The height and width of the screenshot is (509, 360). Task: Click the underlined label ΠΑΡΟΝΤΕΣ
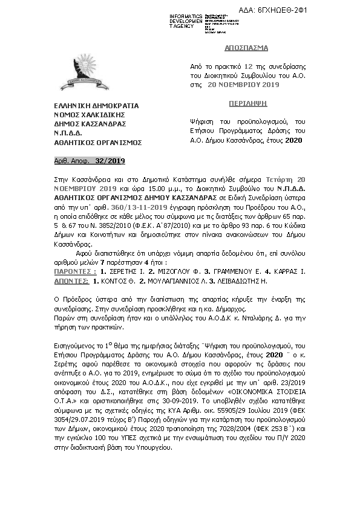click(x=63, y=273)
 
